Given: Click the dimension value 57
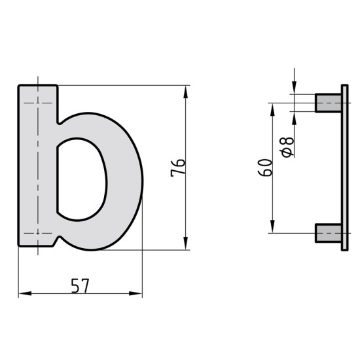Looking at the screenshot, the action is pyautogui.click(x=80, y=285).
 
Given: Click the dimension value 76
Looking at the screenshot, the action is pyautogui.click(x=178, y=168).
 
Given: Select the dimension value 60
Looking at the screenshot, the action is pyautogui.click(x=265, y=168).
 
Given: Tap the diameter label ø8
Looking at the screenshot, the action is pyautogui.click(x=287, y=147).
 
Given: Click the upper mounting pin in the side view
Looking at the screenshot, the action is pyautogui.click(x=329, y=103).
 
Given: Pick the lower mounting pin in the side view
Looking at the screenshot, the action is pyautogui.click(x=329, y=233).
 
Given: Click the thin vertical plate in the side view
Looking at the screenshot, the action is pyautogui.click(x=344, y=168).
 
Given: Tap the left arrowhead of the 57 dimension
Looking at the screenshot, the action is pyautogui.click(x=25, y=293).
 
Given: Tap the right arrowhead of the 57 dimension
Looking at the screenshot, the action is pyautogui.click(x=135, y=293).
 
